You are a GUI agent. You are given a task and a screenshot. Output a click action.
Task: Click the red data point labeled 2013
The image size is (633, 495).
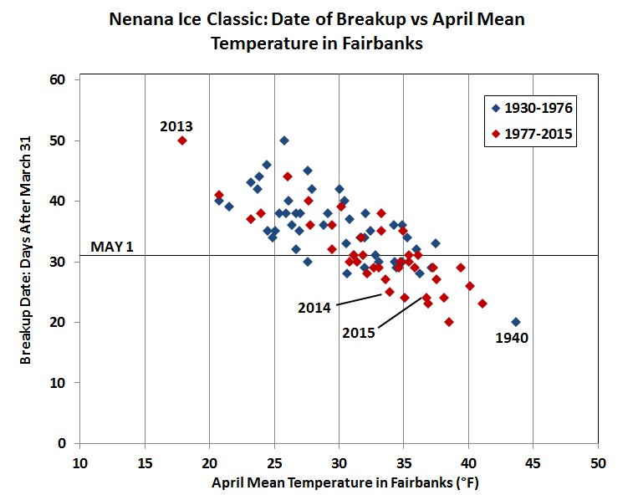182,140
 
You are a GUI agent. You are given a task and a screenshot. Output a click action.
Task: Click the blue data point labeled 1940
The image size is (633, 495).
515,322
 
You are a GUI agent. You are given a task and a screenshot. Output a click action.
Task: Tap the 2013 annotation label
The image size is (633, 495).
176,126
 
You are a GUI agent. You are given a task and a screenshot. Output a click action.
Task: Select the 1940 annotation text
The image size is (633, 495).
511,339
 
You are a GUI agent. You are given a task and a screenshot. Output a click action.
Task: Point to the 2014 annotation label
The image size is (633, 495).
314,307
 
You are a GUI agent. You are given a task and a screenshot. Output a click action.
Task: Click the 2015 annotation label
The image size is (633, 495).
359,332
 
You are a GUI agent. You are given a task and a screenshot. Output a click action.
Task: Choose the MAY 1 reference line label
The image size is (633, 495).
111,248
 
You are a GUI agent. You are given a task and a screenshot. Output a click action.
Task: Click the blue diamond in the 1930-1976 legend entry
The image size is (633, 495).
495,108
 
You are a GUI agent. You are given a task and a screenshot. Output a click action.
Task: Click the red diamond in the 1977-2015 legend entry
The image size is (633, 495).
495,132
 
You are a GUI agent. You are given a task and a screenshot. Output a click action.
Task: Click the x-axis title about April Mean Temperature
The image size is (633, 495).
339,482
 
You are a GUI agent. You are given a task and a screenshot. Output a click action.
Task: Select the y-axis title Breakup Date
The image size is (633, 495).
27,261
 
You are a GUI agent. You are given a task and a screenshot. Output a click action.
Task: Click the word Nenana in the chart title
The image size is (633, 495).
145,18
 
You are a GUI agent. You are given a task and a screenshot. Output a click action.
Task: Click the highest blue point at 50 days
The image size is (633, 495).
284,140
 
